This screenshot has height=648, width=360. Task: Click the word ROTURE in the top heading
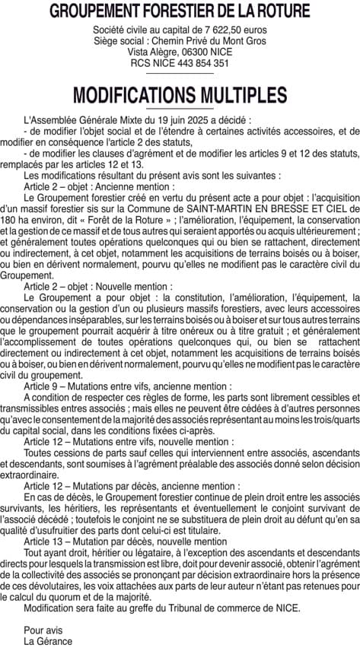277,11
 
